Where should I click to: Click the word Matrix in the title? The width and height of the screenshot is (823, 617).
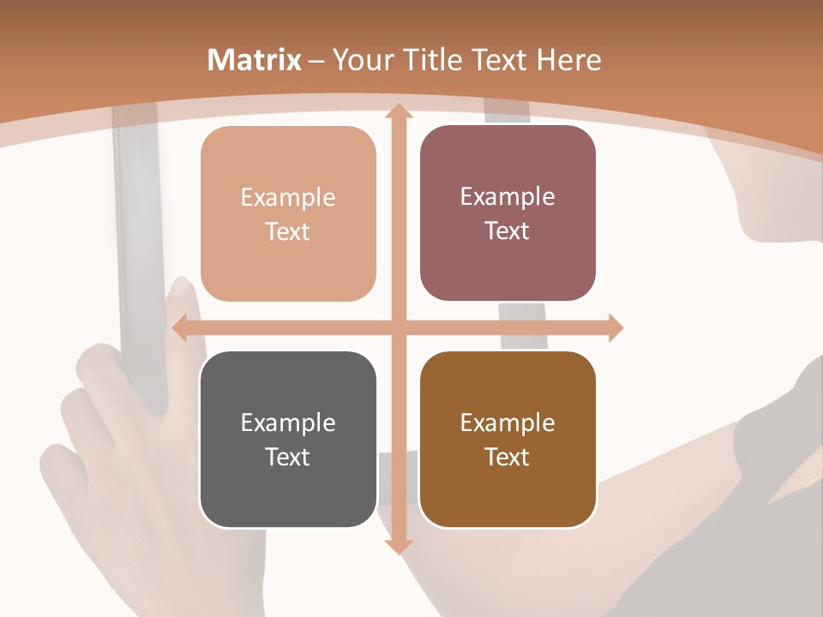coord(255,60)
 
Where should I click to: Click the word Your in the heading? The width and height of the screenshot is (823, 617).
coord(363,60)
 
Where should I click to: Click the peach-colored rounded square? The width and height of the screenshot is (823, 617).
coord(288,214)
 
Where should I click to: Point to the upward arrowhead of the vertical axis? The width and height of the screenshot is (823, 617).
coord(398,111)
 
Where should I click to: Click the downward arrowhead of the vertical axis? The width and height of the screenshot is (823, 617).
coord(398,546)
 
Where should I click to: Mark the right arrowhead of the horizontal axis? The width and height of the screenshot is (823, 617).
coord(615,327)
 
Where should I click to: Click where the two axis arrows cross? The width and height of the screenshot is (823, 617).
coord(398,327)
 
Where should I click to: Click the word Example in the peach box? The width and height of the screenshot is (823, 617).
coord(288,197)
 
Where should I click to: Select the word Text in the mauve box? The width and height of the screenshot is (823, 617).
coord(508,231)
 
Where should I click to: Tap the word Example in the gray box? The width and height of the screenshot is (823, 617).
coord(288,422)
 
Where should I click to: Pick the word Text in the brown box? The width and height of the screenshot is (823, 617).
coord(508,457)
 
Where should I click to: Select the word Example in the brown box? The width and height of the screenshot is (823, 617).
coord(508,422)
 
